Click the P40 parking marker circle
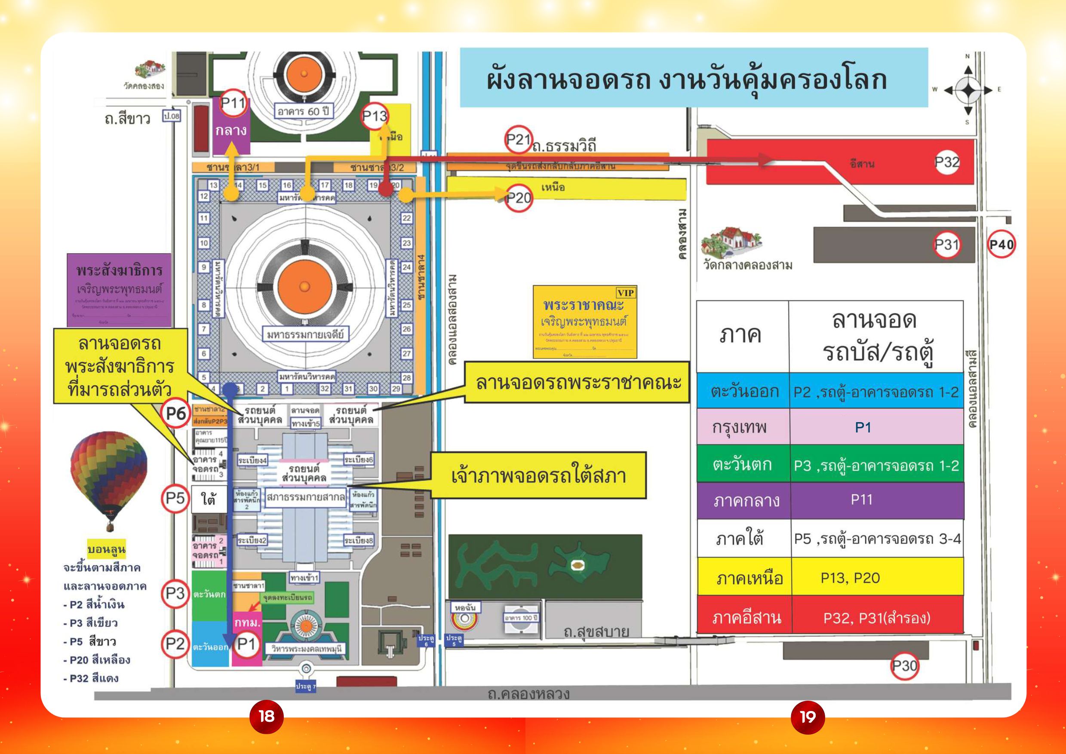pos(1001,244)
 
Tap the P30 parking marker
pos(904,666)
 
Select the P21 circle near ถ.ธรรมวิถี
pos(518,139)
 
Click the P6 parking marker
pos(175,413)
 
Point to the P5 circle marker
pos(175,499)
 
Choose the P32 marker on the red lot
pos(946,162)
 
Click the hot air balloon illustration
pos(109,478)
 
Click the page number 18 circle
pos(267,717)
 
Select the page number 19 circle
pos(808,717)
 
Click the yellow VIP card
pos(584,322)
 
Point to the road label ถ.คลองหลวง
pos(528,694)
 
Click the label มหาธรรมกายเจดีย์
pos(305,334)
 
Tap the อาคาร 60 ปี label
pos(303,111)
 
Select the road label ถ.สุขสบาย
pos(596,632)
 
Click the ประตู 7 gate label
pos(306,686)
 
